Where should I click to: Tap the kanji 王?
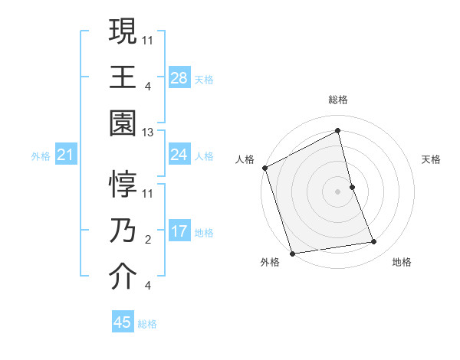coord(123,77)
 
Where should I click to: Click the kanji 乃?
coord(123,231)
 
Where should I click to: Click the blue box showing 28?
coord(179,78)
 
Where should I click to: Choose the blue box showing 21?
coord(65,155)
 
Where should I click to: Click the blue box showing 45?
coord(123,322)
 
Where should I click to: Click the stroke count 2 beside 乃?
coord(147,240)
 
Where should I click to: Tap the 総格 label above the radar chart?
coord(338,100)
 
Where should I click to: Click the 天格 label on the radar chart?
coord(432,159)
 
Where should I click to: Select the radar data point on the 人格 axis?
coord(265,168)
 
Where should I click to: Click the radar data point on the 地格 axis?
coord(374,242)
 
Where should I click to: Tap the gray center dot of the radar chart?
coord(338,191)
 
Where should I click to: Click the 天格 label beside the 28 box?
coord(204,79)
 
